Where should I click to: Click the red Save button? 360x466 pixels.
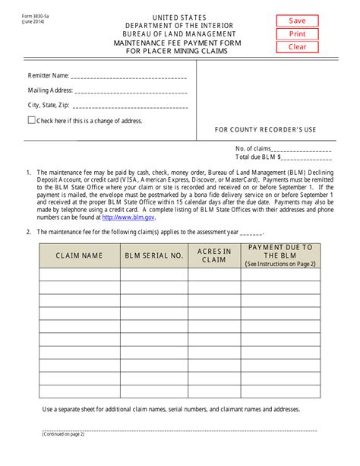click(298, 21)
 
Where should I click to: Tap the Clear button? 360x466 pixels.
click(298, 47)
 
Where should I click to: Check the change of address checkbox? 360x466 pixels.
click(31, 120)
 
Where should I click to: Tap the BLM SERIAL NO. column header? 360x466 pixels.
click(154, 256)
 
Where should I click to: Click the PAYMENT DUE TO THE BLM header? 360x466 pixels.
click(280, 255)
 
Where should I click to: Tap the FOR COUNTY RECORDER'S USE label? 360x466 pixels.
click(265, 130)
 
